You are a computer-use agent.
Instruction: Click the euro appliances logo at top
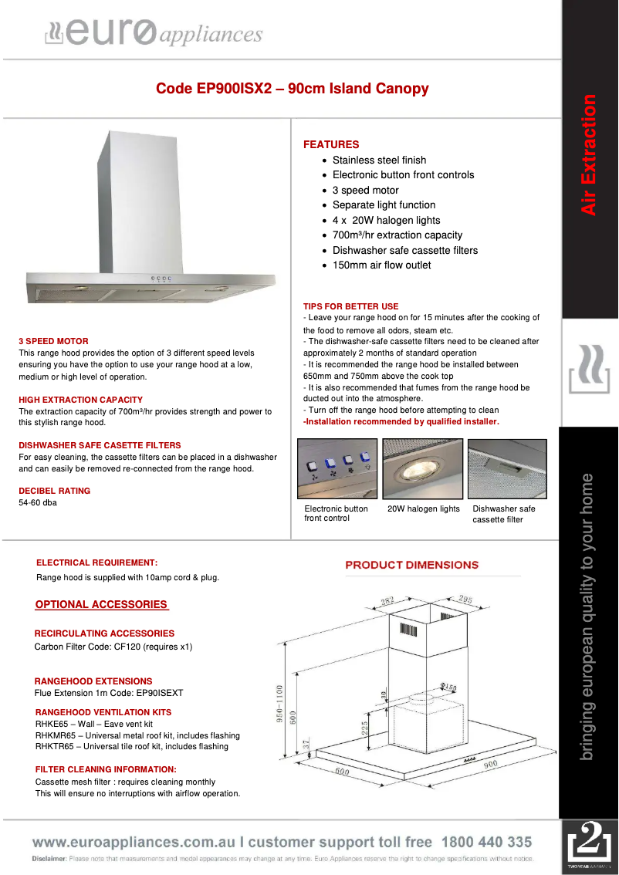point(154,33)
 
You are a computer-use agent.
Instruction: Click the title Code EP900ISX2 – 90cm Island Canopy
point(292,89)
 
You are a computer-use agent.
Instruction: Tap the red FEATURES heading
point(331,144)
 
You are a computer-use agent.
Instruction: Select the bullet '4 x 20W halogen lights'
point(386,220)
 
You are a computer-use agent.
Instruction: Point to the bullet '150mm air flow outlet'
point(381,265)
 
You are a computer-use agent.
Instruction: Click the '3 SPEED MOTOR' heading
point(53,341)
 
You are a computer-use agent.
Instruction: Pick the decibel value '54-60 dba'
point(37,503)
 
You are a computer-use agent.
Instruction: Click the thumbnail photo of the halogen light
point(422,468)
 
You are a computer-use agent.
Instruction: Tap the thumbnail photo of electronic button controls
point(337,468)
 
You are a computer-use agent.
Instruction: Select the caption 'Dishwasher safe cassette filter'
point(503,514)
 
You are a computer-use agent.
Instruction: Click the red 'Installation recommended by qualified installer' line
point(401,422)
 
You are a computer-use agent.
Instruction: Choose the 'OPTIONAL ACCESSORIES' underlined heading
point(101,604)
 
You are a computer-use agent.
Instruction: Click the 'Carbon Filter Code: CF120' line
point(113,647)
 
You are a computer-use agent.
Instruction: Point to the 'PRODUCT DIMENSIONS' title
point(411,565)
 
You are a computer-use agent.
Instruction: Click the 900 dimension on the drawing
point(490,764)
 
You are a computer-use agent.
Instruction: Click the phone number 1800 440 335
point(486,842)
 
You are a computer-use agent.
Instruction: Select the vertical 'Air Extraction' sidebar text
point(589,154)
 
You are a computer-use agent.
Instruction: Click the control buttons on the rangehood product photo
point(161,279)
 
